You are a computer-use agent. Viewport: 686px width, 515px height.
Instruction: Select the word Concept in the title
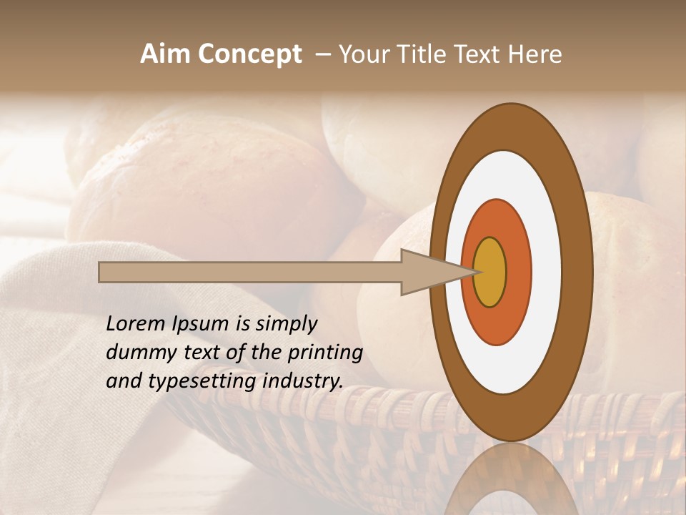point(249,55)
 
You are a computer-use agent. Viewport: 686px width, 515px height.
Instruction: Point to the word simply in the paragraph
point(285,324)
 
